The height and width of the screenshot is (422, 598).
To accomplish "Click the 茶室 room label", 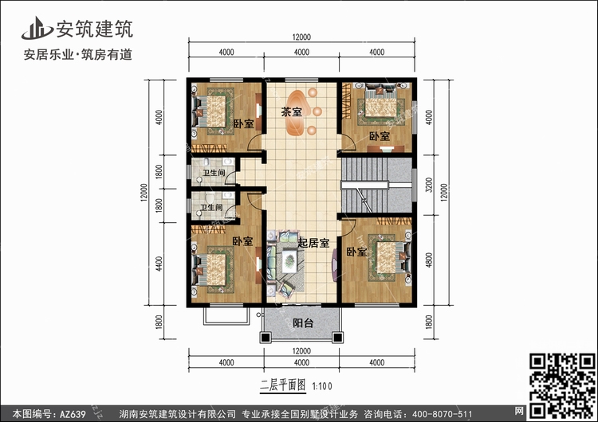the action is [291, 112].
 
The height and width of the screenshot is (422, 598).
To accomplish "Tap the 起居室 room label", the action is [313, 243].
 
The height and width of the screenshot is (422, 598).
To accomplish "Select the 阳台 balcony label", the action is [303, 323].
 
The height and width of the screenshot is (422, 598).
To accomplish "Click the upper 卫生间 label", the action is [214, 173].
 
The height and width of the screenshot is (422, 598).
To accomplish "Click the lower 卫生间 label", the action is [211, 208].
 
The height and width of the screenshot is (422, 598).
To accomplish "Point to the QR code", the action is [562, 385].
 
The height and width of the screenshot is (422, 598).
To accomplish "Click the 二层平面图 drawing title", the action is [283, 385].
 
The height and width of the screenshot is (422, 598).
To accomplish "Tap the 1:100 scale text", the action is [322, 386].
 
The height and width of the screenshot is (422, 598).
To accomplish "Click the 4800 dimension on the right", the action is [429, 260].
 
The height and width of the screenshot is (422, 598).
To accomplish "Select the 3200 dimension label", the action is [429, 185].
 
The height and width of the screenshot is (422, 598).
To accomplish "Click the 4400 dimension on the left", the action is [159, 264].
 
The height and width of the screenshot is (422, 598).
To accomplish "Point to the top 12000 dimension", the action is [301, 37].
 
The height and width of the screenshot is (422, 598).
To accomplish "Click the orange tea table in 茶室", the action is [296, 113].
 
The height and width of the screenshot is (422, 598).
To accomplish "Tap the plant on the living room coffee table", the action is [290, 260].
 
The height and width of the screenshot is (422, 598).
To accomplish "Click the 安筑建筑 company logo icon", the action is [37, 28].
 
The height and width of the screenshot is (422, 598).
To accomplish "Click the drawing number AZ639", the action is [73, 414].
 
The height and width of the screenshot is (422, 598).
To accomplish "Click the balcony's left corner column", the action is [265, 338].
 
